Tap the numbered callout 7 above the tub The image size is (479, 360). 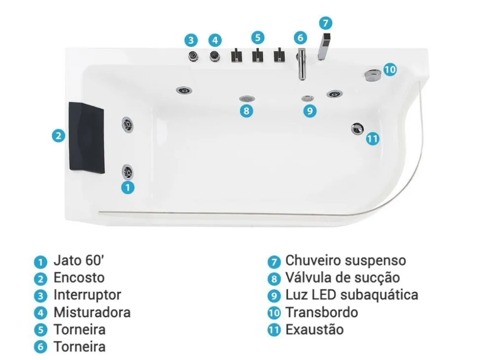click(x=325, y=23)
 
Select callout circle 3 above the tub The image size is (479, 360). click(x=192, y=40)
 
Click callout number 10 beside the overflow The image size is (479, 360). click(x=390, y=70)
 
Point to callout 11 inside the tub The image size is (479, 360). click(x=373, y=139)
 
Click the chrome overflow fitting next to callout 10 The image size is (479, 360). click(x=372, y=75)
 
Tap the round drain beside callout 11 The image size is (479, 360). click(x=357, y=128)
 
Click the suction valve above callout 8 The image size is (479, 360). click(x=246, y=99)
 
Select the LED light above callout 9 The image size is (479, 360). click(x=308, y=98)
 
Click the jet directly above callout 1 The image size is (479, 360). click(x=128, y=171)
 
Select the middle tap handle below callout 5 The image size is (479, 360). click(x=258, y=55)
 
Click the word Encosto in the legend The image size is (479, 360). click(x=79, y=278)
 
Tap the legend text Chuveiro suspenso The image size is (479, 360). click(x=345, y=260)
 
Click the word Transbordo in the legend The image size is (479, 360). click(x=321, y=312)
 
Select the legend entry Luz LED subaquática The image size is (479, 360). click(x=351, y=295)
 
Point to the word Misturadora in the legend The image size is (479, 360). click(x=92, y=312)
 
